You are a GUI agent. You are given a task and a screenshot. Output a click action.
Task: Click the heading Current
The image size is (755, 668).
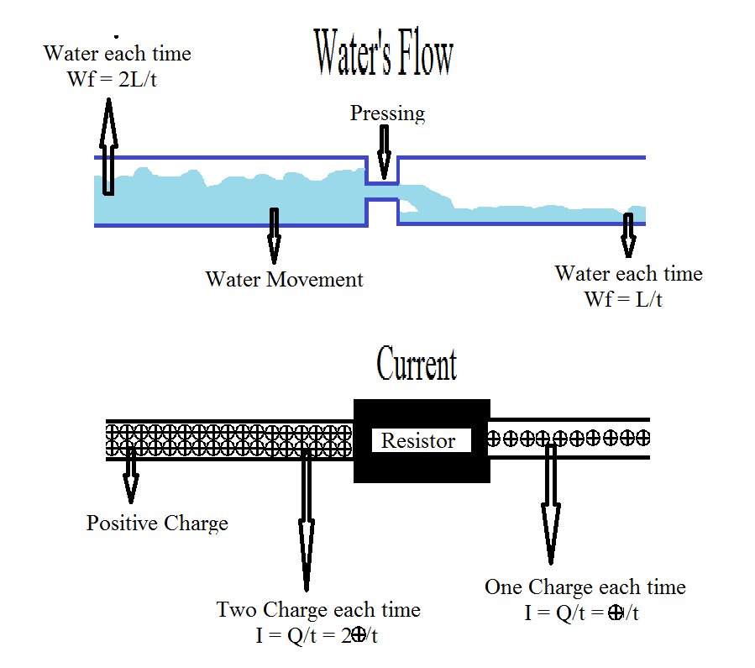pos(417,365)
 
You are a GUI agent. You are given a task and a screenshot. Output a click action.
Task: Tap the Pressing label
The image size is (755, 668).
pos(387,113)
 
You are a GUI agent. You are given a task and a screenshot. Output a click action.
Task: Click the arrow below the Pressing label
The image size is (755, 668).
pos(384,152)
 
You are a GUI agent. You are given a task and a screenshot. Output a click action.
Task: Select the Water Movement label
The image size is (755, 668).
pos(284,280)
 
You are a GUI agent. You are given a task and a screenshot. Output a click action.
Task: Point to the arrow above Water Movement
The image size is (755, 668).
pos(273,236)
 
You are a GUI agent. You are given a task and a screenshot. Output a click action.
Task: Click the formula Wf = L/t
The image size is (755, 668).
pos(623,300)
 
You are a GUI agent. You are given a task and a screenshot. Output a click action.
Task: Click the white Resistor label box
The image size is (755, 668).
pos(418,440)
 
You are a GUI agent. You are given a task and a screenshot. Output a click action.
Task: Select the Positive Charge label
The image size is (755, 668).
pos(157,523)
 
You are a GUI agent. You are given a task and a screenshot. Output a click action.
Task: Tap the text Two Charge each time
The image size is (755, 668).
pos(318,609)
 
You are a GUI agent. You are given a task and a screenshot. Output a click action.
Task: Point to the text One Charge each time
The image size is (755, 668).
pos(585,587)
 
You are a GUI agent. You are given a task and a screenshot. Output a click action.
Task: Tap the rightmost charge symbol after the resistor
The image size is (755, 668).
pos(642,438)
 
